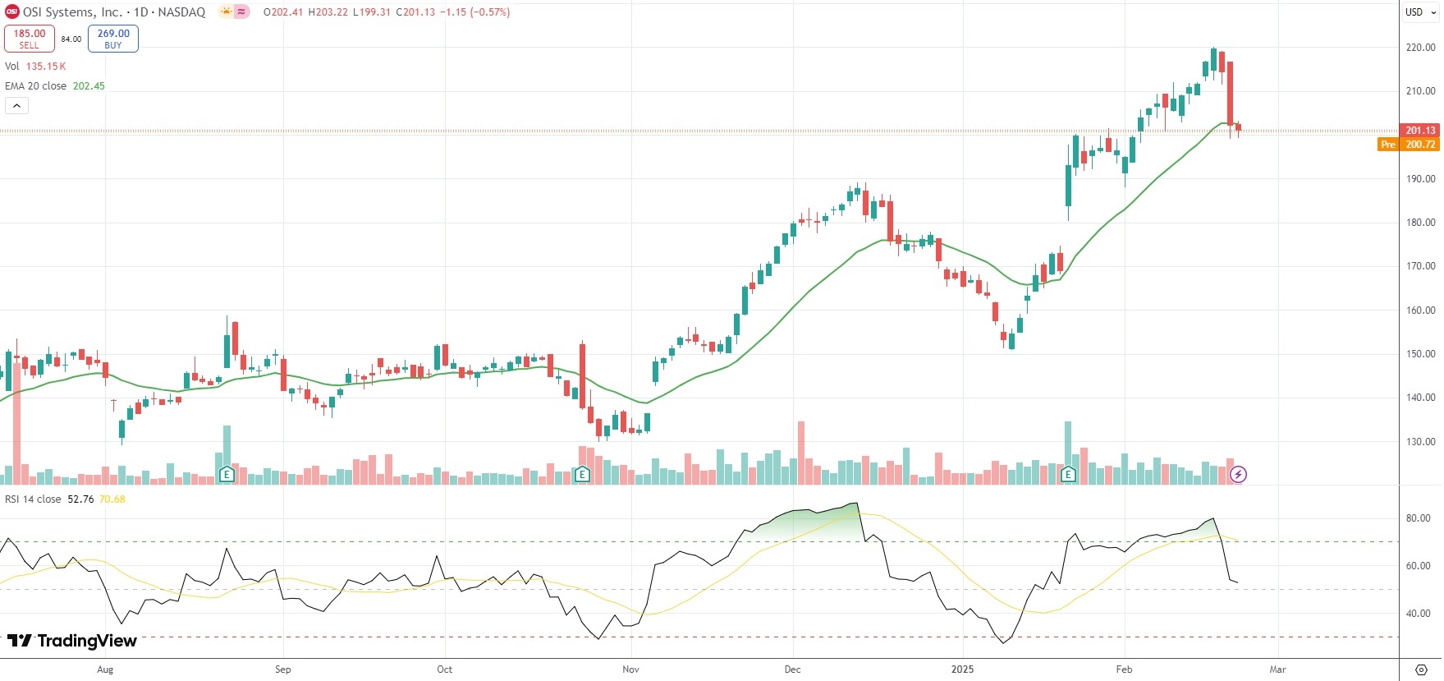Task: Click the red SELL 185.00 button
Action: [x=30, y=39]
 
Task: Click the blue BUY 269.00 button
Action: [x=113, y=39]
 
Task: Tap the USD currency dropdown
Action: [x=1419, y=12]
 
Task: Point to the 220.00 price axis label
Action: [x=1420, y=48]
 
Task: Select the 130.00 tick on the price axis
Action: [x=1420, y=442]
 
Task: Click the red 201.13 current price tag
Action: [x=1419, y=131]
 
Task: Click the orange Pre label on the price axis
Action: [x=1387, y=145]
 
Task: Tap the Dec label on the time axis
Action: [x=792, y=669]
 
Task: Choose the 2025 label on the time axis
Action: [x=962, y=669]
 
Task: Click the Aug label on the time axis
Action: [x=105, y=669]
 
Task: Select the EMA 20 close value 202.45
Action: [x=89, y=86]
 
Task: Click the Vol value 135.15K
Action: [x=46, y=67]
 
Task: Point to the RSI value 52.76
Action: [x=80, y=499]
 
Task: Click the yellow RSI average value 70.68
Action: [x=112, y=499]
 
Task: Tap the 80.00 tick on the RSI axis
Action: [x=1418, y=518]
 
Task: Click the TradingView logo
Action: [x=72, y=641]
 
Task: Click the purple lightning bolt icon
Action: [x=1238, y=474]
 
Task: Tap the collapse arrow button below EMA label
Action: [x=16, y=105]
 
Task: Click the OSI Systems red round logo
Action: [x=12, y=12]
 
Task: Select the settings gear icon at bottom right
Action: [x=1421, y=669]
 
